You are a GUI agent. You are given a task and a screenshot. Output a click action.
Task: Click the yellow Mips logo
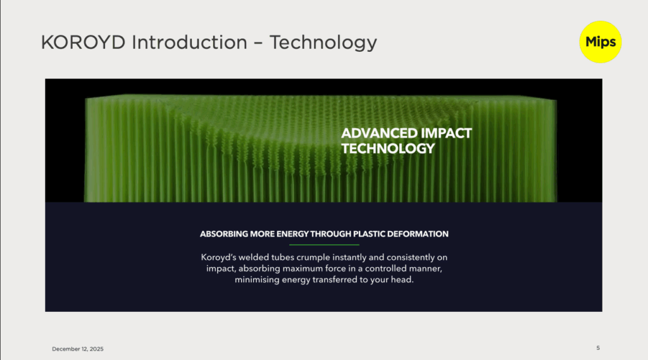[600, 42]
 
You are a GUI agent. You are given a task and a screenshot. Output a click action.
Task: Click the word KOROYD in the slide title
[83, 42]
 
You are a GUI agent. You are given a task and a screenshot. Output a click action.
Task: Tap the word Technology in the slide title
[323, 43]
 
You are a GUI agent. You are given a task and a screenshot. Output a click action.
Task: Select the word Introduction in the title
[190, 42]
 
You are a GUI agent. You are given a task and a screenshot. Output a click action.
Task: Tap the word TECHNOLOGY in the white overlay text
[388, 149]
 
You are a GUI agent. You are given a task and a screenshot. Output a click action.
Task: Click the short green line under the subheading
[324, 245]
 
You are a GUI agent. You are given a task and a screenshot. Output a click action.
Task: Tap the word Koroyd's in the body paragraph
[218, 257]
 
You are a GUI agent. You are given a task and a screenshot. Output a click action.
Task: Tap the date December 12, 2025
[78, 349]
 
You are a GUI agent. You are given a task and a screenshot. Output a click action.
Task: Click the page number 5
[598, 348]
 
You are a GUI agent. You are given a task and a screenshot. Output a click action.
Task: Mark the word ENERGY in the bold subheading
[292, 234]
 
